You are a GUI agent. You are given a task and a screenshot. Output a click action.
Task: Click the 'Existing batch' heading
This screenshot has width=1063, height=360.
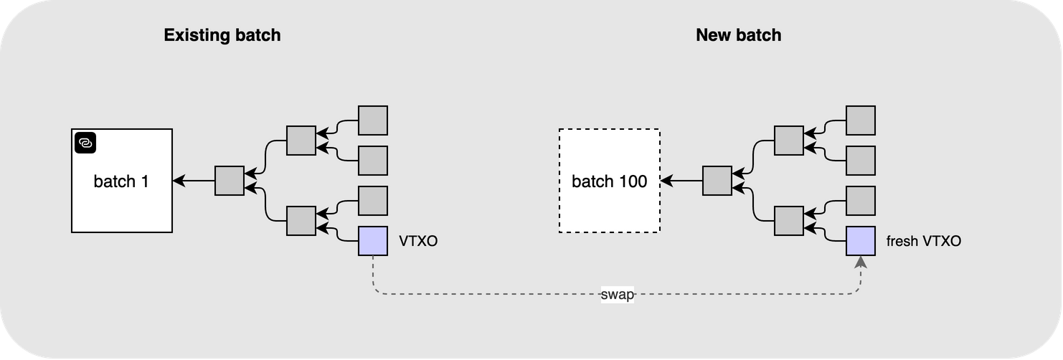point(222,35)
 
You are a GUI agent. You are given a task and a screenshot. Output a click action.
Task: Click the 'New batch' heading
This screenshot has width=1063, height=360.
point(738,35)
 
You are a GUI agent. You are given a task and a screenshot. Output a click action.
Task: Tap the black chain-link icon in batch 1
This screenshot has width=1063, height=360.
point(85,143)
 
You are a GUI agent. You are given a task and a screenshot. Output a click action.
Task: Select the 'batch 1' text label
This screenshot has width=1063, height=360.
point(121,181)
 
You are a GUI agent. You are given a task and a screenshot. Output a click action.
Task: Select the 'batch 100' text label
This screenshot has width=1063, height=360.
point(610,181)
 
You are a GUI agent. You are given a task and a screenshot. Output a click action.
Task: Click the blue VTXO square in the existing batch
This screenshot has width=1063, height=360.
point(373,241)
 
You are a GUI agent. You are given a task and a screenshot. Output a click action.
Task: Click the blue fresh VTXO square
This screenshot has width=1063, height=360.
point(861,241)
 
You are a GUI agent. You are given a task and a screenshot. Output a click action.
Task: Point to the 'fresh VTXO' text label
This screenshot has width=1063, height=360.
point(923,241)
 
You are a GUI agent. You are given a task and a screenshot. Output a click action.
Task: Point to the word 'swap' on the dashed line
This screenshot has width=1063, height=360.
point(618,295)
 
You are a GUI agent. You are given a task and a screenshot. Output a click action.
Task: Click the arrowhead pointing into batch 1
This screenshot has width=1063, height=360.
point(179,181)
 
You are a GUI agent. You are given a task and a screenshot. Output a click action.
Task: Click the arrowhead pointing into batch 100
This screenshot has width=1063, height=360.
point(667,181)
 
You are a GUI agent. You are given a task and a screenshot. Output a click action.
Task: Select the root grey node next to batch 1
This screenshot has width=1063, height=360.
point(230,181)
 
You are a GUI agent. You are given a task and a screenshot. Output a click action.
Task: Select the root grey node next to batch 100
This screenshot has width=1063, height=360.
point(717,181)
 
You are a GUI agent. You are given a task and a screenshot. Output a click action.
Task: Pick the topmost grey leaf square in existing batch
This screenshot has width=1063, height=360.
point(373,120)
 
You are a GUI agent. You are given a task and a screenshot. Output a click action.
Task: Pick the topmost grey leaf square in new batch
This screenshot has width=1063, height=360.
point(861,120)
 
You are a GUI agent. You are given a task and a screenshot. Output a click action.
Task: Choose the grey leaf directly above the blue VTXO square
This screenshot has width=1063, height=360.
point(373,201)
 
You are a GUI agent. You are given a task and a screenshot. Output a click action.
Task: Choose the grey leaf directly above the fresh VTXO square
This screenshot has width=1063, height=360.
point(861,201)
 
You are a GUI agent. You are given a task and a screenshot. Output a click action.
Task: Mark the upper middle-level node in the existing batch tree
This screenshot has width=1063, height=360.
point(301,141)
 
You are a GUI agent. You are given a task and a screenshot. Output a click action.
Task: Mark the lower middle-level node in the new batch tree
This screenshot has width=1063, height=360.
point(789,221)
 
